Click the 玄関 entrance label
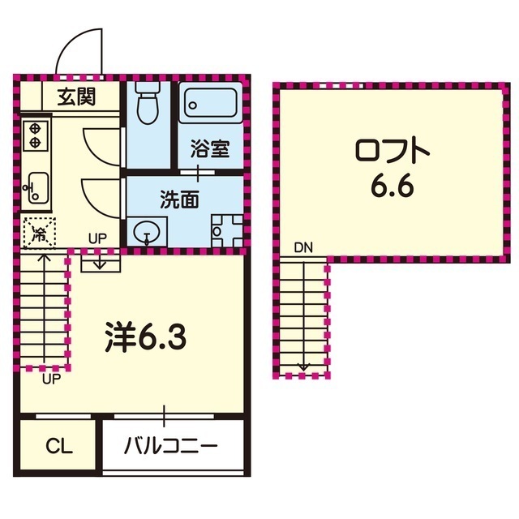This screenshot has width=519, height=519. click(77, 97)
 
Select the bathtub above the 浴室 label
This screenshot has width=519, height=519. click(210, 105)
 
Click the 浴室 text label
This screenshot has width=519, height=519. click(210, 149)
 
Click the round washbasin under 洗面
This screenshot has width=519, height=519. click(147, 232)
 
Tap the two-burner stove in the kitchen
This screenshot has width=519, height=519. click(36, 135)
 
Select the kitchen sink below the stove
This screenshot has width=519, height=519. click(36, 188)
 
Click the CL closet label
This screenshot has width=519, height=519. click(58, 445)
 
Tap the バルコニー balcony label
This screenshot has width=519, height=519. click(171, 446)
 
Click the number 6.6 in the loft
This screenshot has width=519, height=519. click(392, 187)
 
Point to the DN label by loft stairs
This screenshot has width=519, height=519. click(303, 246)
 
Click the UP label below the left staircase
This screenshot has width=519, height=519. click(50, 377)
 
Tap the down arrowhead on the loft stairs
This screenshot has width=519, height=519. click(303, 367)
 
